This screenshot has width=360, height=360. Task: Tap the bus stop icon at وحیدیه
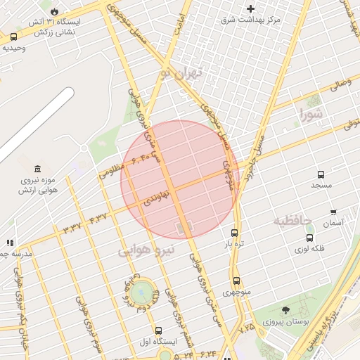14,37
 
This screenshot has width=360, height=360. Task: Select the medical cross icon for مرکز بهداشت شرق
250,9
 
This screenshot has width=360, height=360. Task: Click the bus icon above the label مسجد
321,174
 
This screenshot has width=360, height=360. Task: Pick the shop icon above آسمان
333,212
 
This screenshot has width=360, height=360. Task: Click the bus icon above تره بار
234,233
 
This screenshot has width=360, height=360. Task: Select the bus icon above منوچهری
236,281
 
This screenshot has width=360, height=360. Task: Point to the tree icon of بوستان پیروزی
285,310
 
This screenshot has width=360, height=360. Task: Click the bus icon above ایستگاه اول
157,330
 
